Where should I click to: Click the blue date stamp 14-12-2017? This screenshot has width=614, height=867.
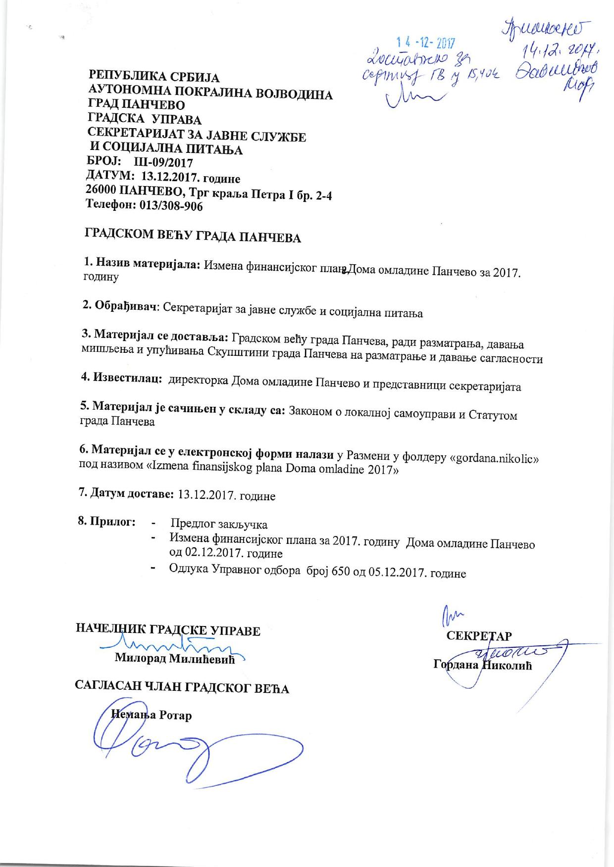click(427, 44)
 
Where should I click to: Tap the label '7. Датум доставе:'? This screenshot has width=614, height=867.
click(127, 494)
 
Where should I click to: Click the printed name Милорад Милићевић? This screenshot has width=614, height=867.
click(175, 658)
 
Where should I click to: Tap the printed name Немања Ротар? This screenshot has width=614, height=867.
click(152, 715)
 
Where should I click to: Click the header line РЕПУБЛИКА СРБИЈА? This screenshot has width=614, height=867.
click(153, 77)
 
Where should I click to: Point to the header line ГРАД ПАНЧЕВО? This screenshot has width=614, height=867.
click(136, 105)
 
